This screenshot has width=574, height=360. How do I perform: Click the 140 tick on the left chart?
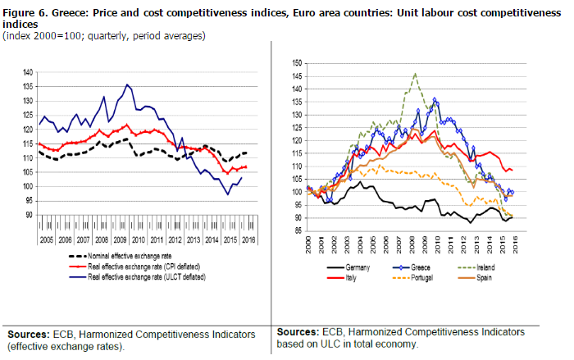(x=29, y=73)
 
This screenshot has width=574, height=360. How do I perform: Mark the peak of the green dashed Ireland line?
(x=416, y=74)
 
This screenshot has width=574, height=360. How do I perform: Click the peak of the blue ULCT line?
(x=127, y=84)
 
